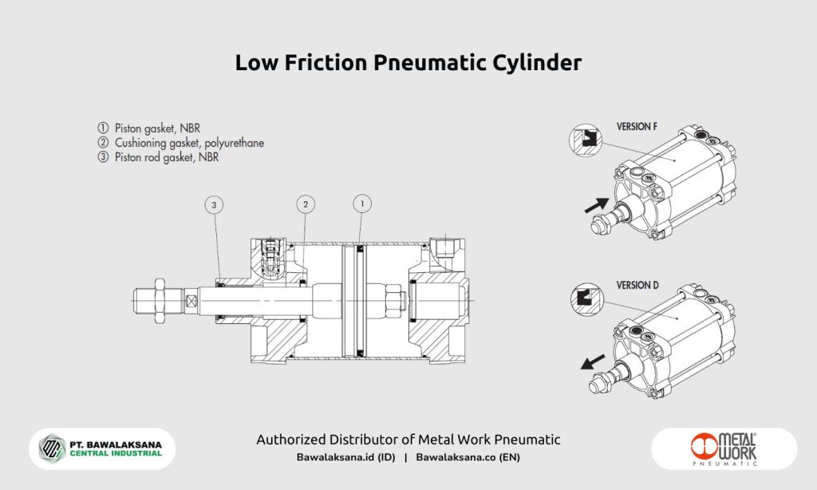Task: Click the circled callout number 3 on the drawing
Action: (214, 205)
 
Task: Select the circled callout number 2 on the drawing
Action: (306, 205)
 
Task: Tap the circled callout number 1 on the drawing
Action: (361, 205)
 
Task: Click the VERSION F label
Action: (643, 126)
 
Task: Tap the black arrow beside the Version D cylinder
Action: (591, 363)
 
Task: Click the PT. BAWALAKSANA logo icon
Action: (52, 448)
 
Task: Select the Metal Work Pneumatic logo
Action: (724, 449)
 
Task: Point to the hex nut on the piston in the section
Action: (394, 300)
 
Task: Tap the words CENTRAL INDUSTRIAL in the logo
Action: (116, 453)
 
